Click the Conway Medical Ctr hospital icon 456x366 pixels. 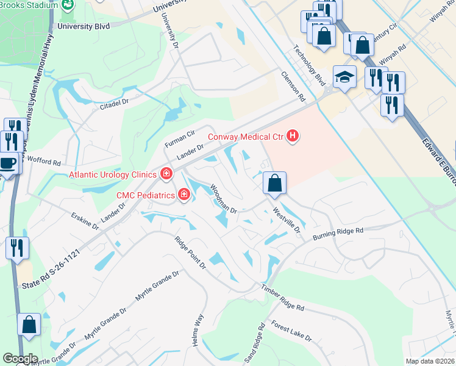293,135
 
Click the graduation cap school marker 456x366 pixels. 344,77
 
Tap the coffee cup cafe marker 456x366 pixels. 7,163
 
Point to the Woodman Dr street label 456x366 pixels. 223,199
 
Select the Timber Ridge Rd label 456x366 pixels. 282,298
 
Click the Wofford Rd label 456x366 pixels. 44,162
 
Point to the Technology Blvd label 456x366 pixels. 310,67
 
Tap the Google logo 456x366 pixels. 20,359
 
